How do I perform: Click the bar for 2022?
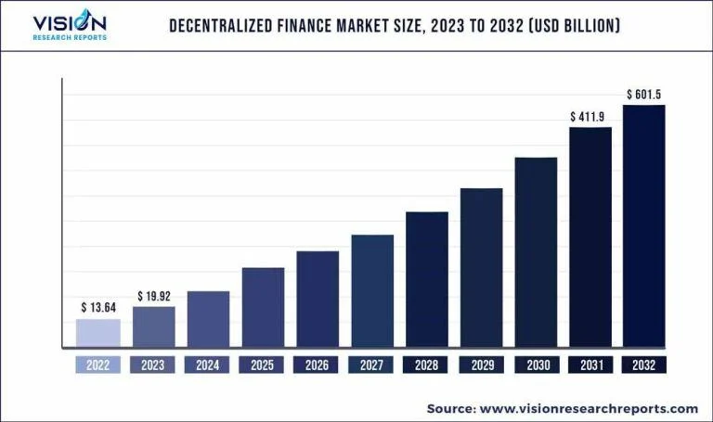tap(97, 333)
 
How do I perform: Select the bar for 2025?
tap(263, 307)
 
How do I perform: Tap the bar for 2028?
tap(427, 279)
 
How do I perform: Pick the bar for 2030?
tap(536, 252)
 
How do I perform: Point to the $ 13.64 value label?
tap(98, 307)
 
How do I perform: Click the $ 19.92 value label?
tap(154, 295)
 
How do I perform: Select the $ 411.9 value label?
tap(590, 117)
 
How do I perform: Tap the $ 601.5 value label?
tap(644, 94)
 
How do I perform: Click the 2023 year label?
tap(153, 365)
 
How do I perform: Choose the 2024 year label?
tap(208, 365)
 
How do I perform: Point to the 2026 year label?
tap(317, 365)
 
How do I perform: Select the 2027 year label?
tap(371, 365)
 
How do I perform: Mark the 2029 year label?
tap(481, 365)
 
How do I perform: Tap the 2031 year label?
tap(590, 365)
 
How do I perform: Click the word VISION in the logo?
tap(70, 22)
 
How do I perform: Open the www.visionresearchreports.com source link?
tap(591, 408)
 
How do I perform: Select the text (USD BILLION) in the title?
tap(573, 25)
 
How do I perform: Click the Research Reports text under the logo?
tap(70, 37)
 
